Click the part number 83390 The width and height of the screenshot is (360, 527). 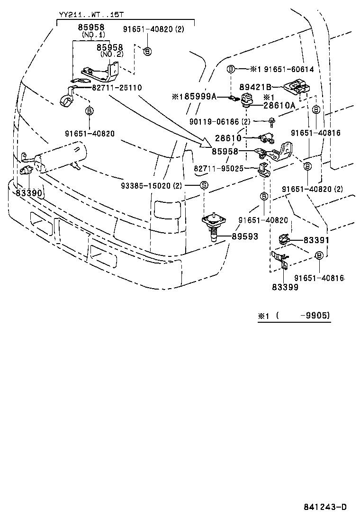pyautogui.click(x=29, y=193)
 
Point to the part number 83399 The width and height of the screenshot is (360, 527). pyautogui.click(x=285, y=287)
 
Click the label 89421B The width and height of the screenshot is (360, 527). pyautogui.click(x=255, y=87)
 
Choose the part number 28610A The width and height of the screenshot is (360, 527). pyautogui.click(x=279, y=106)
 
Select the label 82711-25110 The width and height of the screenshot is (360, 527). pyautogui.click(x=117, y=88)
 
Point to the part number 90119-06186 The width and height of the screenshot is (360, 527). pyautogui.click(x=215, y=122)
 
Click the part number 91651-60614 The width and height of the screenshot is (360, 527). pyautogui.click(x=288, y=69)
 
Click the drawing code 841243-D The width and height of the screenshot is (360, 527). pyautogui.click(x=325, y=507)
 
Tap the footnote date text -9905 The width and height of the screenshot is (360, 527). pyautogui.click(x=315, y=315)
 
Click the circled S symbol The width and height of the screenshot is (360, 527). pyautogui.click(x=203, y=185)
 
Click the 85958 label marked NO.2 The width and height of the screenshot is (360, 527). pyautogui.click(x=110, y=48)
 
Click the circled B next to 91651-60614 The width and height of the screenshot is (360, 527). pyautogui.click(x=231, y=69)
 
